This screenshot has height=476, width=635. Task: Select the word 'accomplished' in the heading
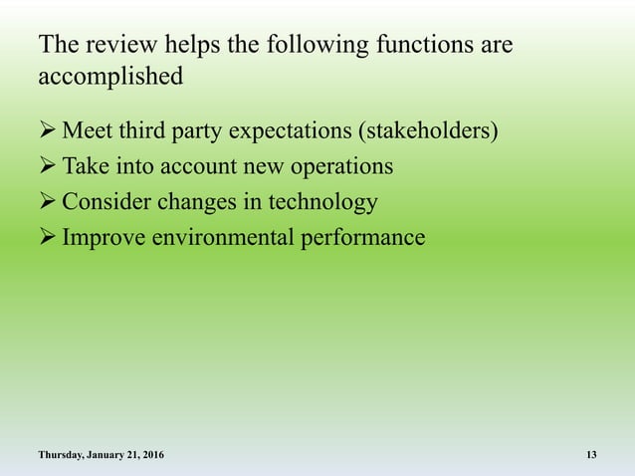[109, 77]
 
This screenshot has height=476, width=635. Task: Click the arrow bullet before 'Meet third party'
[47, 130]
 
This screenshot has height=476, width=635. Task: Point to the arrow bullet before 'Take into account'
[47, 166]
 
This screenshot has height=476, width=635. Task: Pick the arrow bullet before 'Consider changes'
[47, 202]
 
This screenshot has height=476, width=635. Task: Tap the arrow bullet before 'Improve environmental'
[47, 238]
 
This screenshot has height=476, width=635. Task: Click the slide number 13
[591, 455]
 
